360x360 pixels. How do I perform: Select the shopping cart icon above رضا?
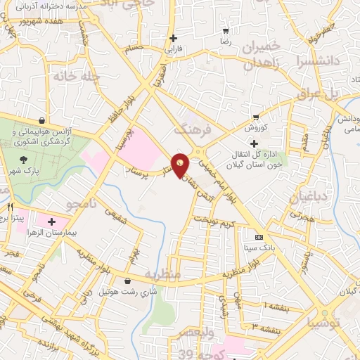pyautogui.click(x=226, y=32)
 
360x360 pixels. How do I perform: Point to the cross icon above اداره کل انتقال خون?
pyautogui.click(x=254, y=143)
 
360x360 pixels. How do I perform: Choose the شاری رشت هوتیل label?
pyautogui.click(x=127, y=290)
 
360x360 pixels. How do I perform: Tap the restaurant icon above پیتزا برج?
pyautogui.click(x=10, y=207)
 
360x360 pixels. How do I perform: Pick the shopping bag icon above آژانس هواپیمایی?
pyautogui.click(x=44, y=120)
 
